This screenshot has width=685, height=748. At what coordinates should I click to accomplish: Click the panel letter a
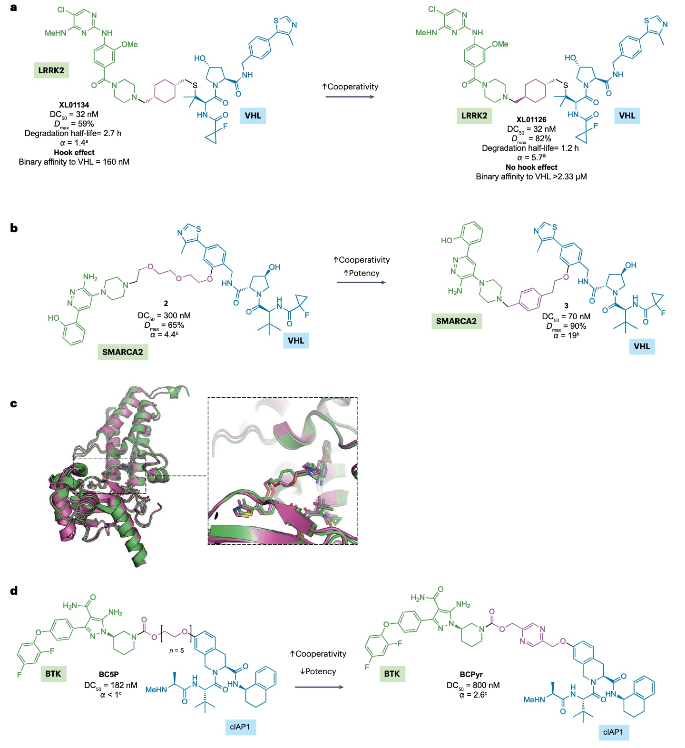click(x=13, y=7)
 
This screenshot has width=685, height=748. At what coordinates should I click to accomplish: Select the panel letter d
click(x=14, y=591)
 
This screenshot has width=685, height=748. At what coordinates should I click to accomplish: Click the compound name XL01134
click(x=74, y=105)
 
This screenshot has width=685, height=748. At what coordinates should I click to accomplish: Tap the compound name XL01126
click(x=531, y=119)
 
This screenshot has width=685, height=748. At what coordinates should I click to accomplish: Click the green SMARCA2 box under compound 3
click(x=456, y=321)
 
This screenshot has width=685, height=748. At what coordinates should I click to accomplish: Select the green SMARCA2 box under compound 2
click(x=122, y=352)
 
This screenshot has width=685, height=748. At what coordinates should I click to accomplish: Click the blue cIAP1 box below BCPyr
click(x=613, y=732)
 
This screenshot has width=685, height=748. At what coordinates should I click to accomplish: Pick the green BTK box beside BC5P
click(x=53, y=673)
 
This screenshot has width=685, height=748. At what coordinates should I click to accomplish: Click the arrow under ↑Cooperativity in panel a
click(x=350, y=97)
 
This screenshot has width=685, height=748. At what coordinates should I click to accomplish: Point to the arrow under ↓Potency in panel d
click(x=319, y=687)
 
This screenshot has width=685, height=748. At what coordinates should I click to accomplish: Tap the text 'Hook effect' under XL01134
click(x=74, y=152)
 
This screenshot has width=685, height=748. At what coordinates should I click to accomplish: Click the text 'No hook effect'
click(x=531, y=167)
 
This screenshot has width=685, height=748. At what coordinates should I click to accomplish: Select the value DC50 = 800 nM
click(x=473, y=685)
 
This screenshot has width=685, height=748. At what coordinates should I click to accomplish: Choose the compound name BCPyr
click(x=471, y=674)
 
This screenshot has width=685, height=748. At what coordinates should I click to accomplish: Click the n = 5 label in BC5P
click(x=176, y=650)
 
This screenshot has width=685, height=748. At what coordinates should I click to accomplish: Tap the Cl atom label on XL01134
click(x=61, y=10)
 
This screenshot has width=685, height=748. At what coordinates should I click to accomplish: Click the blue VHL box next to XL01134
click(x=253, y=116)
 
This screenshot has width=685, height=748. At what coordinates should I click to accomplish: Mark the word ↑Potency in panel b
click(x=362, y=273)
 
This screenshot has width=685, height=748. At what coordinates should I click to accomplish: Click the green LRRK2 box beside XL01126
click(x=474, y=116)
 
